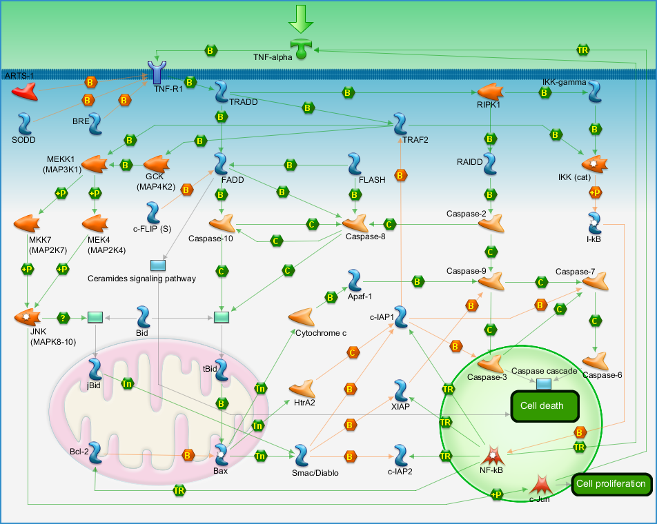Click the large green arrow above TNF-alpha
tap(301, 19)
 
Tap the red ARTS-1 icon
tap(25, 91)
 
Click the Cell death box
tap(545, 406)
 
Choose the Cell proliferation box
tap(611, 484)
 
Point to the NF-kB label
tap(491, 470)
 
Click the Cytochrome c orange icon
tap(302, 317)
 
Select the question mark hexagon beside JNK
tap(63, 318)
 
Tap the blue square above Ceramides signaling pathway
tap(158, 265)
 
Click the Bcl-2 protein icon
tap(95, 452)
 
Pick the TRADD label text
tap(244, 102)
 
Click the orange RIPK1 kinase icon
tap(490, 92)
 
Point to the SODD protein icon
tap(25, 123)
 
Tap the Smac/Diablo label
tap(315, 473)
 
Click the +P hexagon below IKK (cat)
tap(595, 192)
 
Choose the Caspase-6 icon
tap(596, 361)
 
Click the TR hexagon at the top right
tap(583, 50)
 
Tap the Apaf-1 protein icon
tap(355, 281)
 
